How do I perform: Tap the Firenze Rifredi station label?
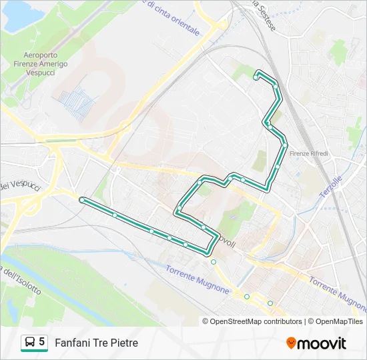pos(309,154)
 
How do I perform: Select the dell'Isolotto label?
pos(21,281)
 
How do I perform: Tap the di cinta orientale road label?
pos(171,18)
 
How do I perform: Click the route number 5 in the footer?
pos(42,342)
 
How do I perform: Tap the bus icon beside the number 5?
pos(30,343)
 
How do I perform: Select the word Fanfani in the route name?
pos(71,343)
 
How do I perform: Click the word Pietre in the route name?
pos(124,343)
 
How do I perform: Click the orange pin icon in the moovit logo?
pos(291,343)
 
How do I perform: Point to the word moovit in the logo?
pos(322,343)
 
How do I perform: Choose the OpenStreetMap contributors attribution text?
pos(256,321)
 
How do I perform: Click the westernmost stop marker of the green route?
pos(81,200)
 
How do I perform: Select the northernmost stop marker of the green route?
pos(256,78)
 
